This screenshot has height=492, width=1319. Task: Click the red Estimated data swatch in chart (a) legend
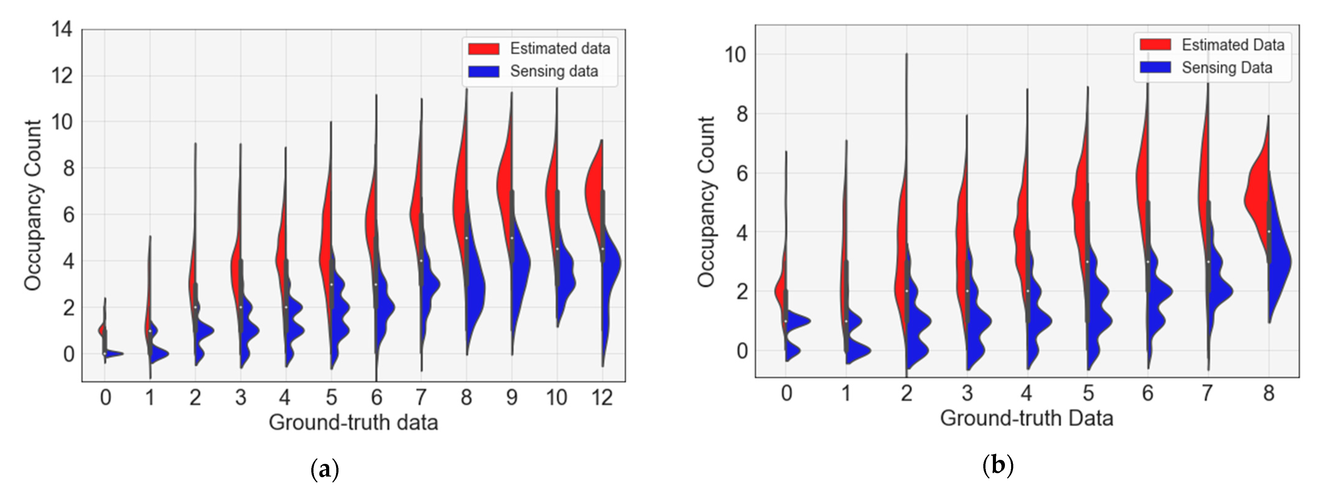[483, 48]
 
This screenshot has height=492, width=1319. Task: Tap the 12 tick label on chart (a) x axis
[602, 397]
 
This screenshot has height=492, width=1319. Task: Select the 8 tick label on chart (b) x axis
[1268, 393]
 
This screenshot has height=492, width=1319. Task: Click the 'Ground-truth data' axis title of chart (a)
[353, 423]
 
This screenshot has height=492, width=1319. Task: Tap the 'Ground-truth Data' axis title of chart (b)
[1027, 418]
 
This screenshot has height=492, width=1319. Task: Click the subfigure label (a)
[325, 469]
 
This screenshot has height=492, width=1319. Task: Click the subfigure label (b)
[998, 466]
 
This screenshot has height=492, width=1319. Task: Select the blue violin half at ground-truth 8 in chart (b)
[1280, 261]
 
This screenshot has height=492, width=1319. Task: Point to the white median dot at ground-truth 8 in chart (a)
[466, 238]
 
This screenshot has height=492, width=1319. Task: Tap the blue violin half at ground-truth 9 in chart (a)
[521, 261]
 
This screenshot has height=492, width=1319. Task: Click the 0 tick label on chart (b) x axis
[787, 393]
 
